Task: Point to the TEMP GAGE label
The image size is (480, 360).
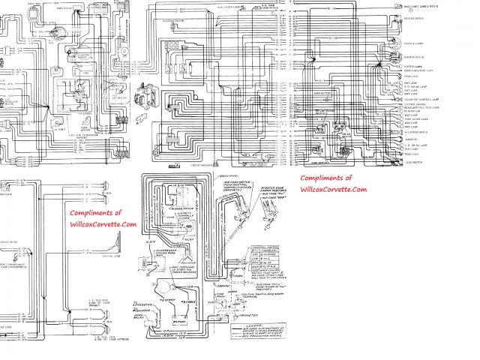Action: coord(409,76)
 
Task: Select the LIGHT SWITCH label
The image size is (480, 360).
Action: coord(412,161)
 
